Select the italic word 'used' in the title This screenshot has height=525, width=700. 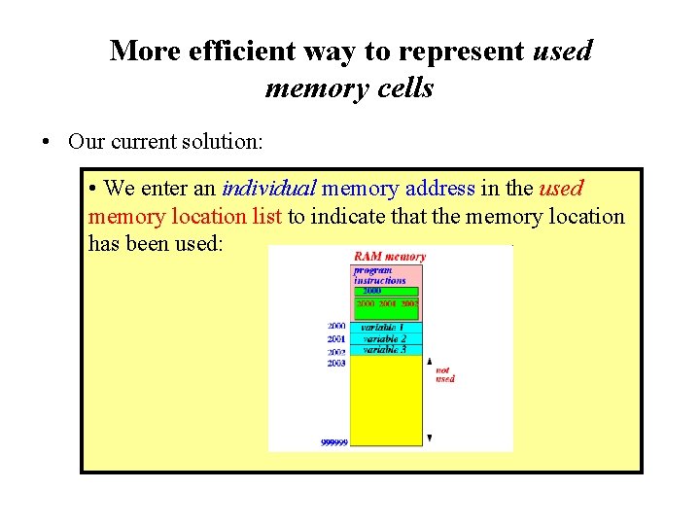pyautogui.click(x=562, y=51)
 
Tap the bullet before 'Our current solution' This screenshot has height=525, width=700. pyautogui.click(x=47, y=142)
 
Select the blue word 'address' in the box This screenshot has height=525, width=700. pyautogui.click(x=439, y=189)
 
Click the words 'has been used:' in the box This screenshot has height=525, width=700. pyautogui.click(x=156, y=243)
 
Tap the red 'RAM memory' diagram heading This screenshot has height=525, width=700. pyautogui.click(x=389, y=257)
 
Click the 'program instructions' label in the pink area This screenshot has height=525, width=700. pyautogui.click(x=379, y=275)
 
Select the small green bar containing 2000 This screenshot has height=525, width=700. pyautogui.click(x=386, y=291)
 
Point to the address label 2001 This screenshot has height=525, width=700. pyautogui.click(x=336, y=338)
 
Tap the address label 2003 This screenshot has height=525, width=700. pyautogui.click(x=336, y=363)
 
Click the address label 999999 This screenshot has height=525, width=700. pyautogui.click(x=333, y=442)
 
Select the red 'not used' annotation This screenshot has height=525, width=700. pyautogui.click(x=444, y=374)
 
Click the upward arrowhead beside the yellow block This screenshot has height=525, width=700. pyautogui.click(x=429, y=361)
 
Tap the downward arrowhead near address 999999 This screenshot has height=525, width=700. pyautogui.click(x=429, y=438)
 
